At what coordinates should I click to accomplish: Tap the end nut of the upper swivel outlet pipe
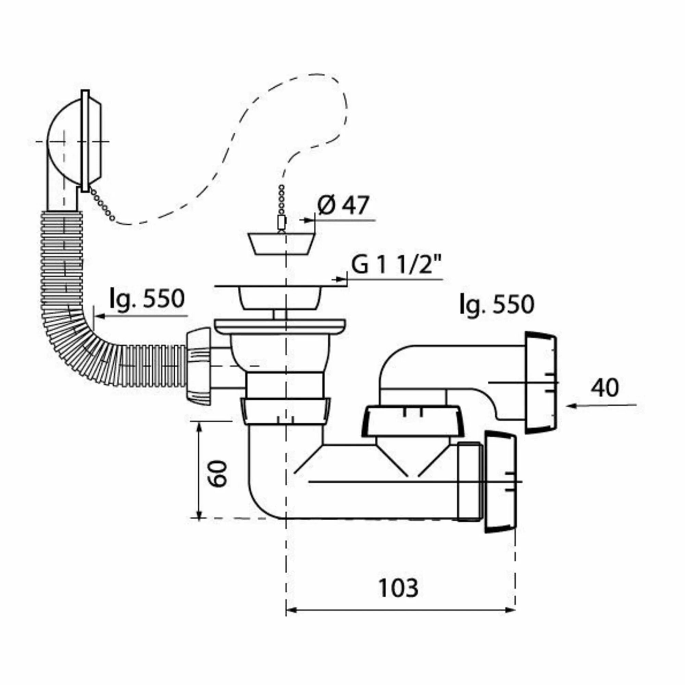[x=540, y=383]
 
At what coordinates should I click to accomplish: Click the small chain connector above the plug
[x=282, y=223]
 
